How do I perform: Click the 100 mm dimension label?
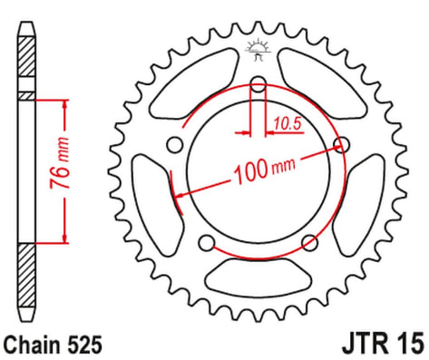[265, 170]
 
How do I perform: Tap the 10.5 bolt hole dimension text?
[288, 124]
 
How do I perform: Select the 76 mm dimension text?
[60, 163]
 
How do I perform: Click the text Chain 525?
[53, 345]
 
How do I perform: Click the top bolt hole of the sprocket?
[258, 84]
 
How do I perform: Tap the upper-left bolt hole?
[175, 145]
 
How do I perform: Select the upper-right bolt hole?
[342, 144]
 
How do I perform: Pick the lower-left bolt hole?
[207, 243]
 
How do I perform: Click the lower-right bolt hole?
[310, 243]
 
